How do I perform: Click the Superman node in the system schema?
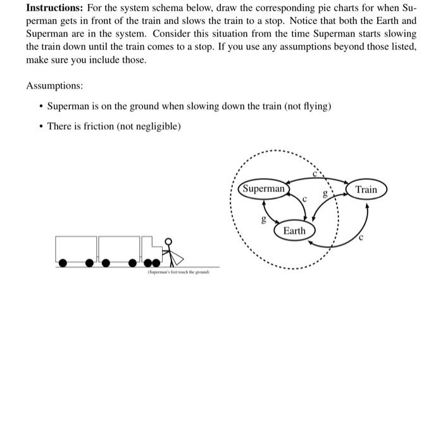[264, 189]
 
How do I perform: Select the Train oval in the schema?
[366, 189]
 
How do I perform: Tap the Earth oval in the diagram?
[294, 230]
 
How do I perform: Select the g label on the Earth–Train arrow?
[325, 196]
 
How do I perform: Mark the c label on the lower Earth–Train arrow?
[361, 238]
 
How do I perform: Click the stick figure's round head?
[168, 241]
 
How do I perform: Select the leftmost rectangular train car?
[76, 248]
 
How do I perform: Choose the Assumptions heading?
[54, 85]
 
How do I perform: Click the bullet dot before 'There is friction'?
[40, 127]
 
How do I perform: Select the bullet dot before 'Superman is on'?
[40, 106]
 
